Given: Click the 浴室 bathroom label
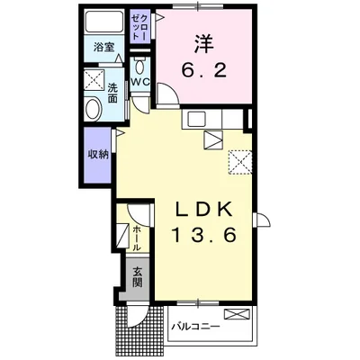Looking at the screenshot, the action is pyautogui.click(x=104, y=47).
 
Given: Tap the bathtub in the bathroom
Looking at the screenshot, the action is pyautogui.click(x=104, y=22).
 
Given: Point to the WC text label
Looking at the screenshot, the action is pyautogui.click(x=140, y=82).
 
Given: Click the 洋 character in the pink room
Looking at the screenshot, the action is pyautogui.click(x=203, y=44).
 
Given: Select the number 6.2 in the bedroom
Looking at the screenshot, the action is pyautogui.click(x=203, y=71).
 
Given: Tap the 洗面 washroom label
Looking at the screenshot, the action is pyautogui.click(x=112, y=93).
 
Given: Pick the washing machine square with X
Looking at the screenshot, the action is pyautogui.click(x=94, y=79).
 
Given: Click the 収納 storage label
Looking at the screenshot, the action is pyautogui.click(x=98, y=155).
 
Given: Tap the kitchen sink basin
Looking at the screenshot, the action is pyautogui.click(x=196, y=120).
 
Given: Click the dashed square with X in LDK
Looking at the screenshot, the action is pyautogui.click(x=240, y=162).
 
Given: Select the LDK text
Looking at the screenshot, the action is pyautogui.click(x=204, y=209).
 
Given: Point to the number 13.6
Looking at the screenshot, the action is pyautogui.click(x=203, y=234).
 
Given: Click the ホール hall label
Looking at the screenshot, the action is pyautogui.click(x=137, y=238).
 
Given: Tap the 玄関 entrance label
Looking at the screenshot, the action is pyautogui.click(x=138, y=277).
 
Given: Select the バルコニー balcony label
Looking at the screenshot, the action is pyautogui.click(x=195, y=326).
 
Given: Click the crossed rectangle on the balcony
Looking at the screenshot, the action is pyautogui.click(x=237, y=314).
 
